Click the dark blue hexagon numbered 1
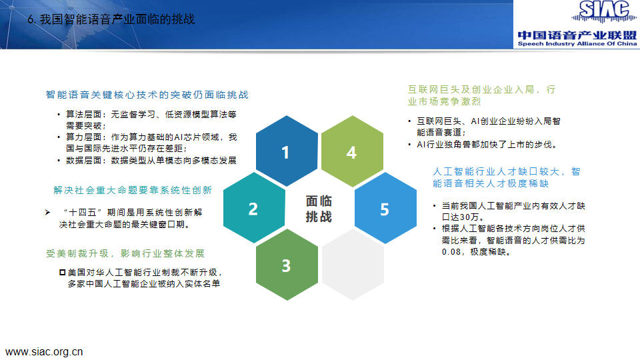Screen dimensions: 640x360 (x=287, y=151)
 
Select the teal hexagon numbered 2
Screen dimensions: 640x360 (x=254, y=208)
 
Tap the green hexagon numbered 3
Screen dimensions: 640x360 (x=287, y=265)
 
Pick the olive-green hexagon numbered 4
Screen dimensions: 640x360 (x=352, y=151)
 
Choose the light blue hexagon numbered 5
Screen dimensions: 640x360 (x=385, y=208)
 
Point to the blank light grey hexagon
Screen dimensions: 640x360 (x=353, y=265)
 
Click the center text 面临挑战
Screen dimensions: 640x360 (x=319, y=209)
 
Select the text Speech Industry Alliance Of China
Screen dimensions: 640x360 (x=577, y=44)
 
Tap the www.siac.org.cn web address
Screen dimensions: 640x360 (x=44, y=352)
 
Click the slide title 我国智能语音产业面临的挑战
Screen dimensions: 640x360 (x=117, y=19)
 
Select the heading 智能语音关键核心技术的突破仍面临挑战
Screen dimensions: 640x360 (x=147, y=95)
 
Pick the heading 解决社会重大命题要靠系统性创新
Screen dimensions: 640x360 (x=133, y=190)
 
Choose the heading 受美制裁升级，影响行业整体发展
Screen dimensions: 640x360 (x=125, y=253)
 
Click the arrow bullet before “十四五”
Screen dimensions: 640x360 (x=48, y=212)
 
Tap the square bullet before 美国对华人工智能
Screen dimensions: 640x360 (x=63, y=272)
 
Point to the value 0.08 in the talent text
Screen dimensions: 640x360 (x=451, y=252)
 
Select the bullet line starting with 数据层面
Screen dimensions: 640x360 (x=151, y=161)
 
